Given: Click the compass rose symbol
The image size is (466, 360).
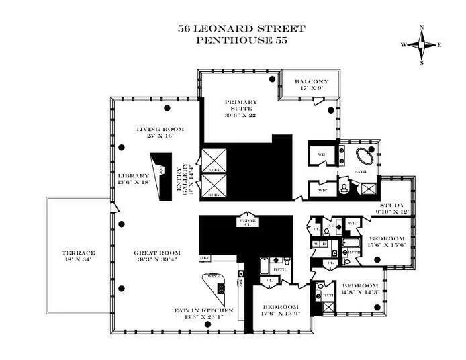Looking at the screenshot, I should (421, 44).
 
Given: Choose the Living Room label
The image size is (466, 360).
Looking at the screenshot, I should (159, 129).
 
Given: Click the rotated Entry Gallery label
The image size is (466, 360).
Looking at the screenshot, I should (178, 180).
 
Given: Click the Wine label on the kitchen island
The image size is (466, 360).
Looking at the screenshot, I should (215, 276).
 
